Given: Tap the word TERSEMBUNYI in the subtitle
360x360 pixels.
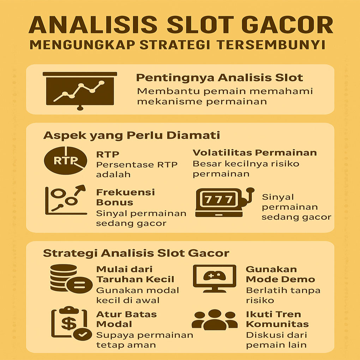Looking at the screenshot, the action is coord(271,45).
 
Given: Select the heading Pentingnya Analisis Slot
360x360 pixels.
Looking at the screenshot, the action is coord(220,78).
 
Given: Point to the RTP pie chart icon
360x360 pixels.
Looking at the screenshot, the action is coord(65,161).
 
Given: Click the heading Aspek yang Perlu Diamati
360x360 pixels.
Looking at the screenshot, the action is coord(132,135).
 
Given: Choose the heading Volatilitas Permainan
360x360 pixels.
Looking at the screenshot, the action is coord(254,153).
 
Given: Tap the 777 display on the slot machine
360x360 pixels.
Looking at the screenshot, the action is coord(218,199).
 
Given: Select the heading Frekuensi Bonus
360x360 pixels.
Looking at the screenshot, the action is coord(125,197).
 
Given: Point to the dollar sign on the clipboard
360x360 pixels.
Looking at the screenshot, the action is coord(69,323).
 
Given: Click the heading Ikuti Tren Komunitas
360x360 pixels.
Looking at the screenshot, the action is coord(277,319).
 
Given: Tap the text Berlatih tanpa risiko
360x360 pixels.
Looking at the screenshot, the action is coord(283,295).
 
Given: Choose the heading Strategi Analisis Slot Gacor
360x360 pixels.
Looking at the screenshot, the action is coord(136,253).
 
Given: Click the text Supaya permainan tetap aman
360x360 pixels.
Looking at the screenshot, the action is coord(145,340).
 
